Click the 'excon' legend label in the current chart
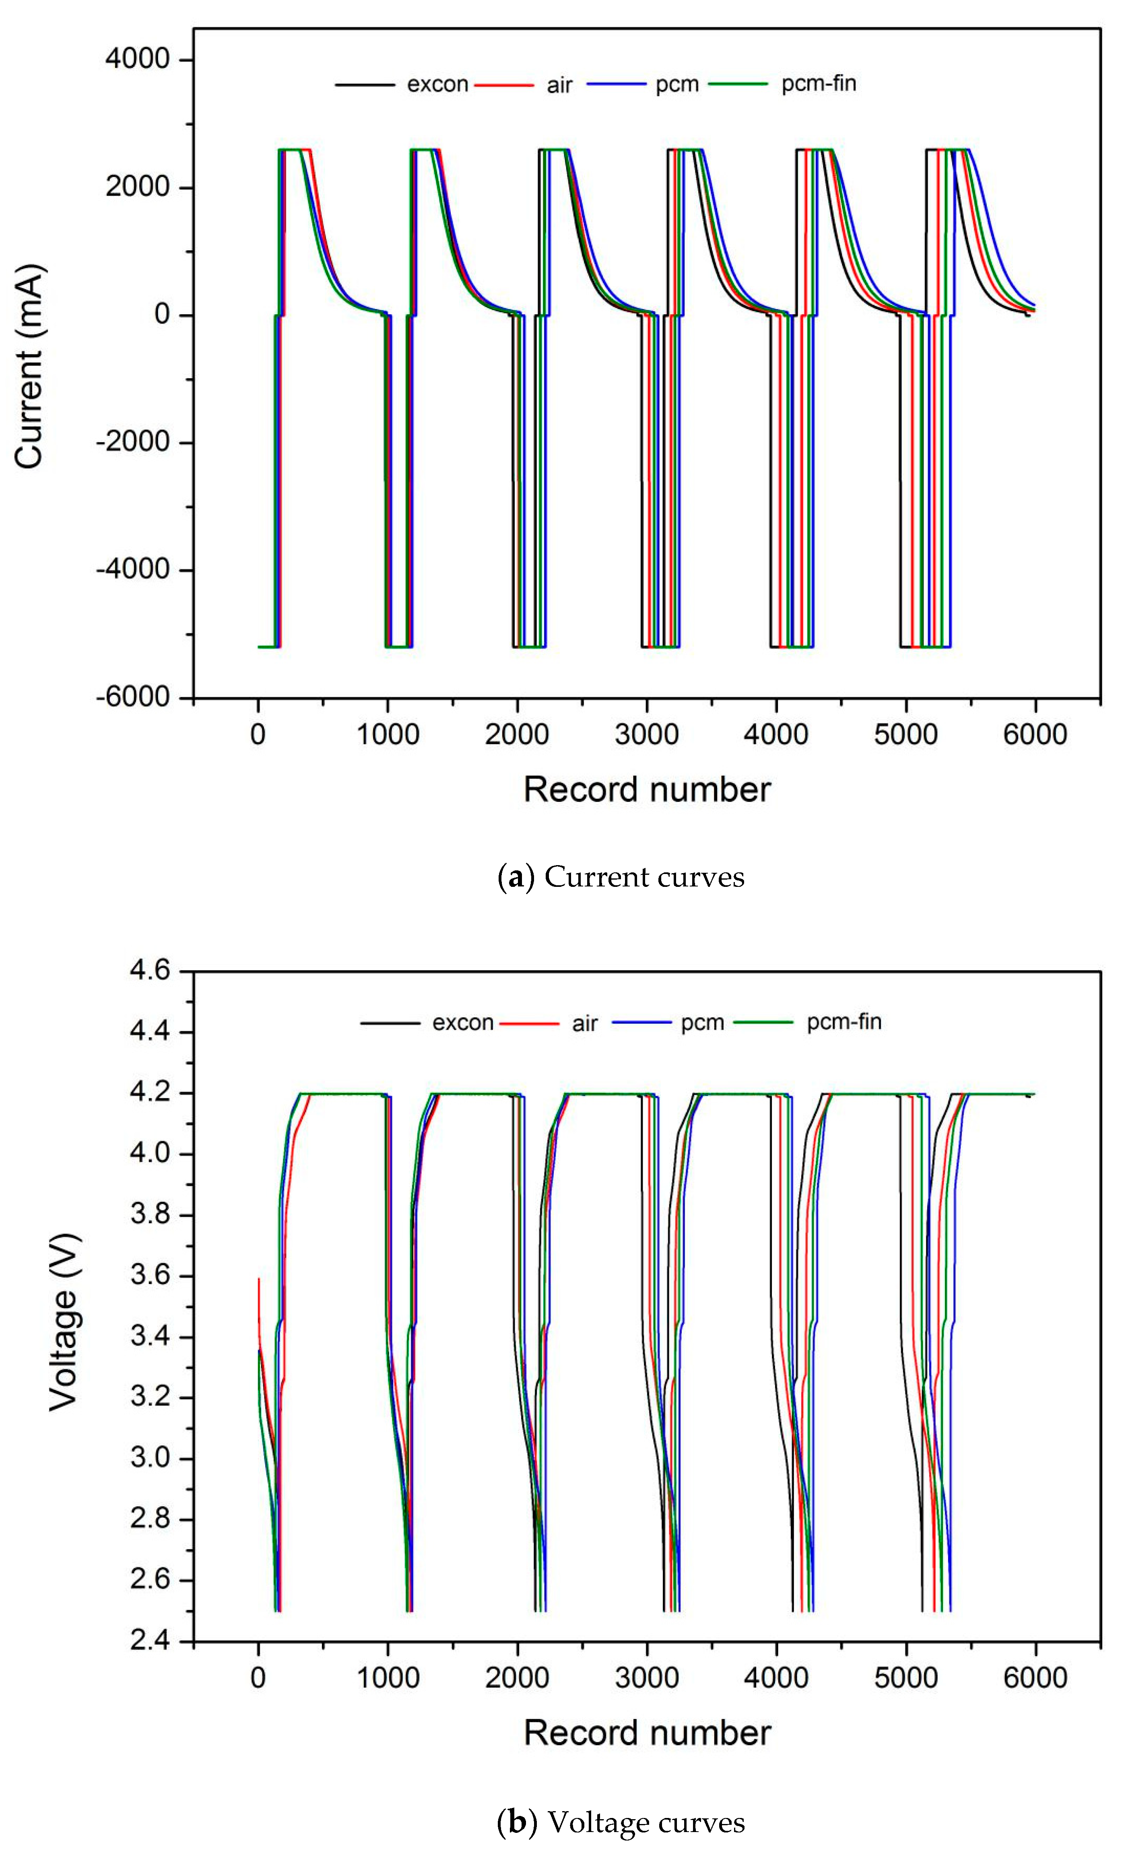(x=437, y=85)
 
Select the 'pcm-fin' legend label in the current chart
(x=818, y=84)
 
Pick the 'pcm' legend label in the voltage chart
(x=701, y=1023)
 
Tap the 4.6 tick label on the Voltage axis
(x=150, y=970)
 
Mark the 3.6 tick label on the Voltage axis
(x=150, y=1275)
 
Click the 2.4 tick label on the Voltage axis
(x=150, y=1641)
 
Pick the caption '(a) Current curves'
(x=621, y=876)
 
